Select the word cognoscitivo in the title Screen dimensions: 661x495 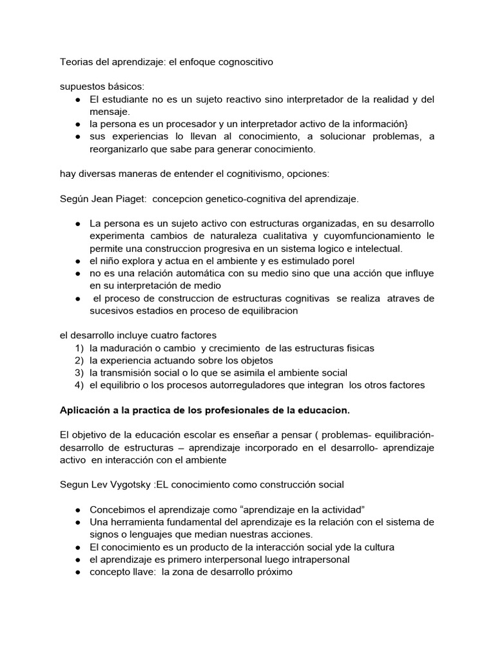tap(242, 63)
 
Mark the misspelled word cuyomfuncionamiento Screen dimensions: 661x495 tap(369, 236)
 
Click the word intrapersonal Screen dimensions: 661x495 tap(317, 559)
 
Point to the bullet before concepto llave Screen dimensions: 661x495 tap(77, 572)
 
